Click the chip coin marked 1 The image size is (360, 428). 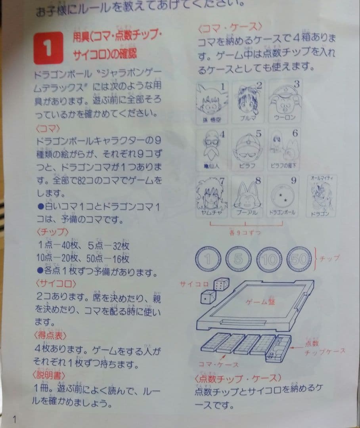(209, 260)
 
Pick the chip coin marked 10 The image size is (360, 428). (269, 260)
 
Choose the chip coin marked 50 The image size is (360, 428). (300, 260)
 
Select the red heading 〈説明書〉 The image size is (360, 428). (50, 374)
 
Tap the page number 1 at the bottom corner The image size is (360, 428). (15, 419)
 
